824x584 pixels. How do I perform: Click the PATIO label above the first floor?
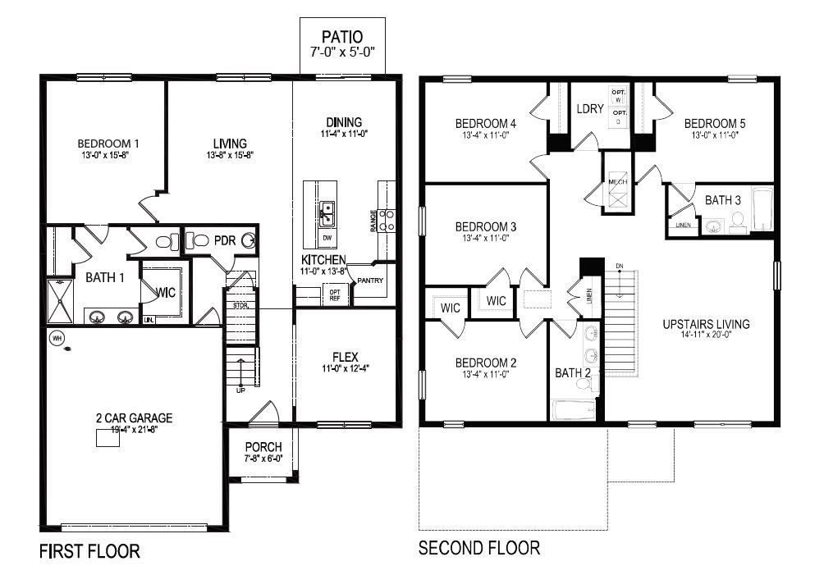click(x=341, y=37)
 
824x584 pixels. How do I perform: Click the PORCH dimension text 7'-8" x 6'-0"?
click(x=263, y=460)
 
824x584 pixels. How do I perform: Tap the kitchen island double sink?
click(x=327, y=213)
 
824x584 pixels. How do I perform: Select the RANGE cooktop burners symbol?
click(x=388, y=219)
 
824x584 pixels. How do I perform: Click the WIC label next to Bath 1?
click(x=166, y=292)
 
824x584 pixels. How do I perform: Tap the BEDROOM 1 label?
click(x=108, y=141)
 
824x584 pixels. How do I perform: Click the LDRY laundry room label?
click(x=590, y=108)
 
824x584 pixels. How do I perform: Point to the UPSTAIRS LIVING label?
click(x=706, y=323)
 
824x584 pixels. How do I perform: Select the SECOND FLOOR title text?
click(x=479, y=547)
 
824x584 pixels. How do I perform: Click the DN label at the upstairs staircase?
click(x=620, y=266)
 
